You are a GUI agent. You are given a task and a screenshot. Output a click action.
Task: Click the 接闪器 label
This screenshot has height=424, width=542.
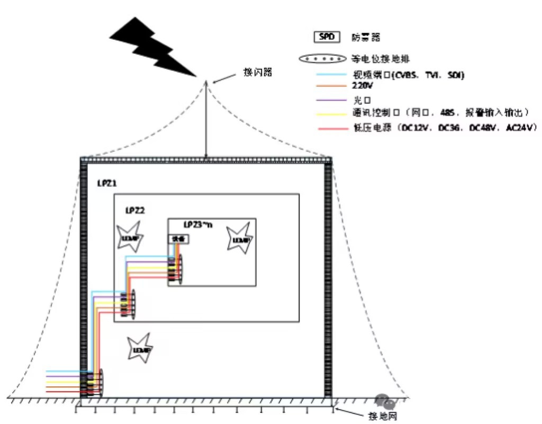[258, 72]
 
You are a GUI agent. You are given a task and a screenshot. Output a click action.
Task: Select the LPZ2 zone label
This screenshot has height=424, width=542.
[135, 210]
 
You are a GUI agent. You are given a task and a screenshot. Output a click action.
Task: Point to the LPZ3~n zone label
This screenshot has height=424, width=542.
[197, 224]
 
